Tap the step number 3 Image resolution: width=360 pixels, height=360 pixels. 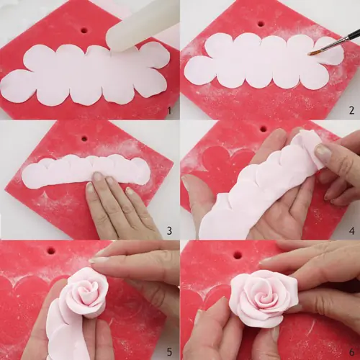[x=168, y=230]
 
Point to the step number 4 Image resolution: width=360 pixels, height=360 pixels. [x=351, y=230]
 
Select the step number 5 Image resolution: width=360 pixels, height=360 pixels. [x=168, y=351]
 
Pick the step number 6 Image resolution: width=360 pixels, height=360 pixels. [x=351, y=351]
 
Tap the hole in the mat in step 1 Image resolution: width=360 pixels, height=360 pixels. [x=84, y=31]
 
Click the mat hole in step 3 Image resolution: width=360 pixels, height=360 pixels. [x=84, y=138]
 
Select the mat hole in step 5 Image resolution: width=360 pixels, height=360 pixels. [x=50, y=251]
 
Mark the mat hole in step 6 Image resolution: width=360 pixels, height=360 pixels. [x=237, y=255]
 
